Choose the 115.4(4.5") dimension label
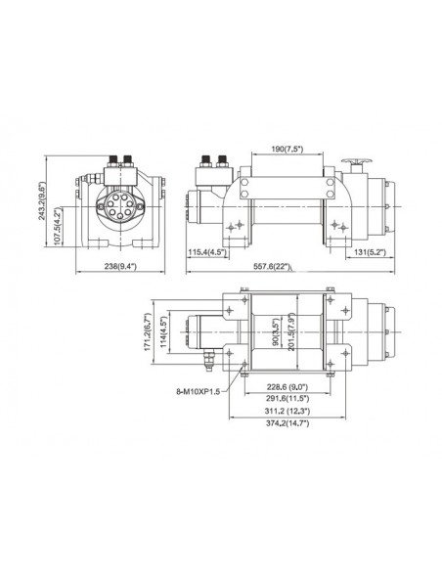pos(207,251)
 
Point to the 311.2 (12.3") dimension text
pos(295,413)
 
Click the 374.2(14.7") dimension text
pos(295,425)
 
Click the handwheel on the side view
pos(353,165)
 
